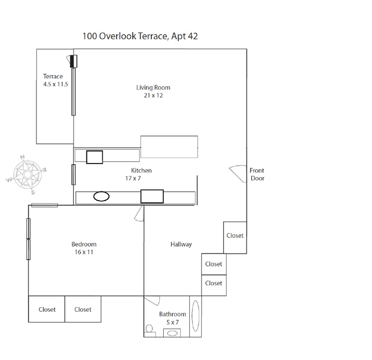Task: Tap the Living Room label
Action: (x=153, y=87)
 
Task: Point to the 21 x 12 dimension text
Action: (x=153, y=96)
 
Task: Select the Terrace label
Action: (x=53, y=76)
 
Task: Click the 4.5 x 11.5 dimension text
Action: (x=53, y=85)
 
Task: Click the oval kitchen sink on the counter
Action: (x=101, y=196)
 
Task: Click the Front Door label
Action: (x=257, y=174)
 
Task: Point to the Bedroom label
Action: (x=84, y=244)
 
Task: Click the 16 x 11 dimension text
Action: (x=84, y=253)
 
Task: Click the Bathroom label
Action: (x=173, y=314)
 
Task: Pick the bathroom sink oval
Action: (x=173, y=332)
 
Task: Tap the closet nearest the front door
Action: (x=235, y=236)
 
